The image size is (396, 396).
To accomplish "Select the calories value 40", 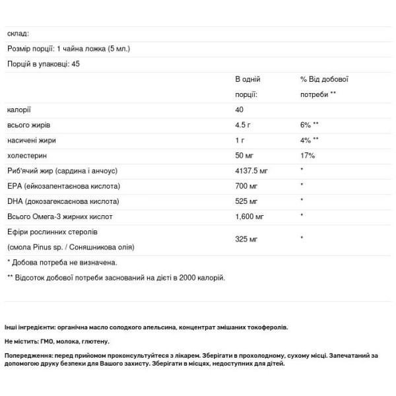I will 240,110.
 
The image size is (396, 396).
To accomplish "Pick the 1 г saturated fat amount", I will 240,140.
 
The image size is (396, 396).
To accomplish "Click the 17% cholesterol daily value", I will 308,156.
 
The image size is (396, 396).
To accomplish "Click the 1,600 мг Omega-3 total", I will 249,216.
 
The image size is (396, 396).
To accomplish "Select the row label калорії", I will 19,110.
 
